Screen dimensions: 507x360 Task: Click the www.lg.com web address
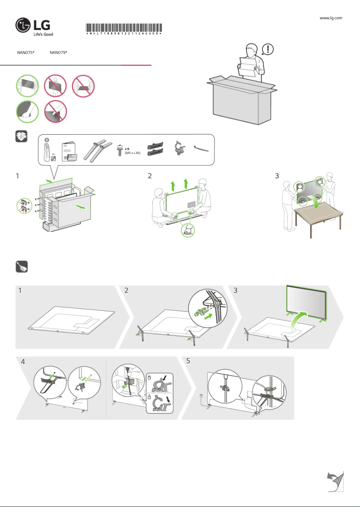click(331, 18)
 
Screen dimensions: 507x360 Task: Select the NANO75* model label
click(26, 53)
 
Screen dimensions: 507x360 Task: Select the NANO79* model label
click(58, 53)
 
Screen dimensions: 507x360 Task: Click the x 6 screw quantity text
click(127, 148)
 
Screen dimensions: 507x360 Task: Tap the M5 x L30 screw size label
click(133, 154)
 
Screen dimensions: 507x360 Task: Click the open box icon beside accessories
click(22, 137)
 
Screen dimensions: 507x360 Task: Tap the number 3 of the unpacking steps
click(277, 176)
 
